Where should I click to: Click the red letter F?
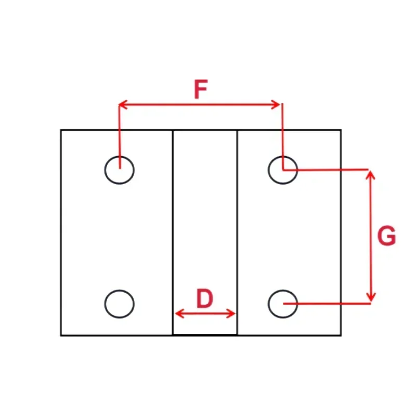(201, 90)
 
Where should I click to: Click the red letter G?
(386, 237)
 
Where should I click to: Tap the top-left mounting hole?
(119, 170)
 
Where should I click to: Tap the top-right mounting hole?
(283, 170)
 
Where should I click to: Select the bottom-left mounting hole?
(119, 304)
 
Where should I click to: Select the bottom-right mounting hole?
(283, 304)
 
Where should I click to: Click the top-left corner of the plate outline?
(61, 130)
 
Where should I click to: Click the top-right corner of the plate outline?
(341, 130)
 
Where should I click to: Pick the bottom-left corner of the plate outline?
(61, 335)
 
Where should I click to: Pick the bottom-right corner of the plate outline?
(341, 335)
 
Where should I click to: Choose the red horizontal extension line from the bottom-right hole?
(328, 303)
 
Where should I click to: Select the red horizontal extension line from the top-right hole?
(328, 170)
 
